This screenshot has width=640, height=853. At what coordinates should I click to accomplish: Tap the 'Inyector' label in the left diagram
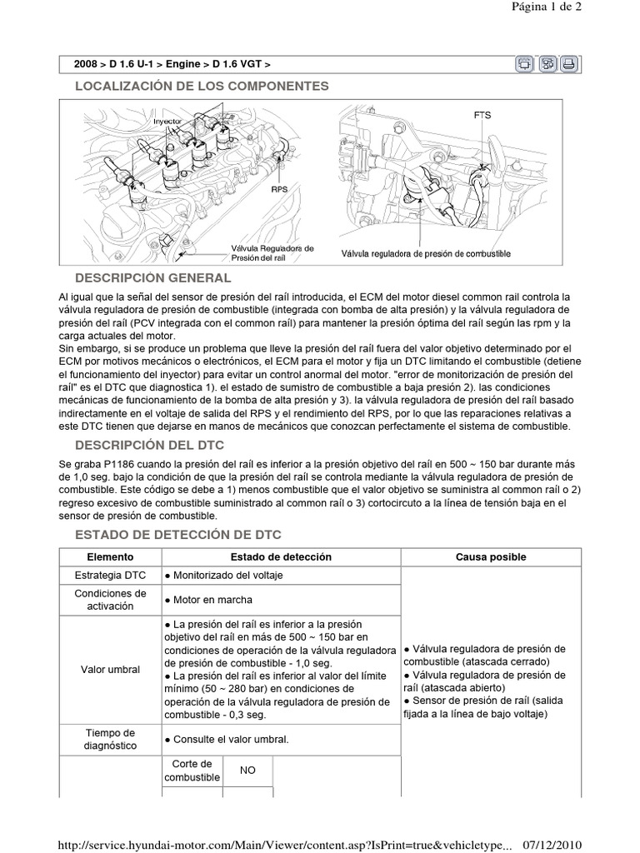(x=167, y=122)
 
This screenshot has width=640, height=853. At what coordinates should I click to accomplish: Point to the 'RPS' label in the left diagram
(x=279, y=189)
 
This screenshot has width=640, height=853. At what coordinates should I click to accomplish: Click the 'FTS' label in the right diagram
(x=482, y=115)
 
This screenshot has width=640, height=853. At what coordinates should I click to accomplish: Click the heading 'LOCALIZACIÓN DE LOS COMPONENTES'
(x=202, y=86)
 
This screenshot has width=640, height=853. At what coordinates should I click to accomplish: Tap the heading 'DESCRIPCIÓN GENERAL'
(x=152, y=277)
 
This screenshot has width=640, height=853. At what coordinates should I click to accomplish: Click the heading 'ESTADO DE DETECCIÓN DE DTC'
(x=178, y=534)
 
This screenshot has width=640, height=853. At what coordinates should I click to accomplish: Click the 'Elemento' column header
(x=108, y=556)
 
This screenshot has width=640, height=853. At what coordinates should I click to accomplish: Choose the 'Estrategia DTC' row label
(x=108, y=576)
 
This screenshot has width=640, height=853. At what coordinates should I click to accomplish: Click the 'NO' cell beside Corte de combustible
(x=247, y=771)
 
